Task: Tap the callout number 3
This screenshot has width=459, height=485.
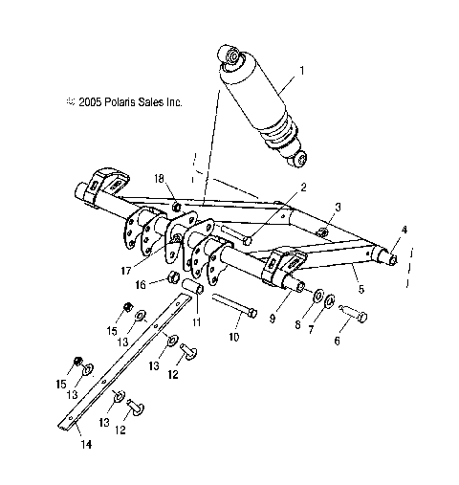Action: tap(337, 206)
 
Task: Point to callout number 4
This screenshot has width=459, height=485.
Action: tap(404, 230)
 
